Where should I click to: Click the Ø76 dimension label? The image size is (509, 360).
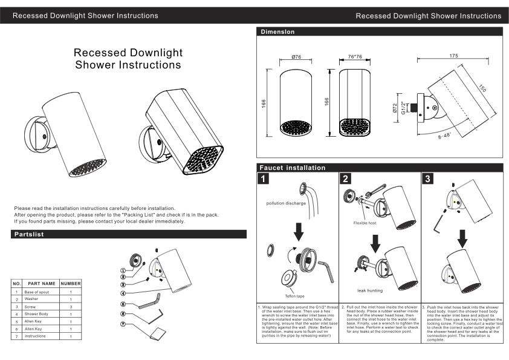point(296,57)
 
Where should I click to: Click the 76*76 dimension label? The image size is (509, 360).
point(355,56)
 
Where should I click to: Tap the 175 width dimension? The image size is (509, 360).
point(453,56)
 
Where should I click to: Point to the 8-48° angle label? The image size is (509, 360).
point(444,136)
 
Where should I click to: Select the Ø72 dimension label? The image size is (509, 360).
point(395,108)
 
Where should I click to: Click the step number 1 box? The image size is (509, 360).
point(263,178)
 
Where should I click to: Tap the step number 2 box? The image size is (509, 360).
point(345,178)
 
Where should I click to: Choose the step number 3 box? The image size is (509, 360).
point(427,178)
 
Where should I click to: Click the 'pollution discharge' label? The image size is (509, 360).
point(286,203)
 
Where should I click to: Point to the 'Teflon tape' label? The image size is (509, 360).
point(295,296)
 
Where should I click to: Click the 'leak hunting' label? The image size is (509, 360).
point(370,290)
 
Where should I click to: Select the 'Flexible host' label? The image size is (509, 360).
point(365,223)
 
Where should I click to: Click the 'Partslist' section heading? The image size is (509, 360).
point(29,234)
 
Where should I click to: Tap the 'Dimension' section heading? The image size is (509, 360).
point(277,32)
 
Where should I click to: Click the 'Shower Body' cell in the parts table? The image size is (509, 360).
point(36,314)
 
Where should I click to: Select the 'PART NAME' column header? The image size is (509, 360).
point(42,283)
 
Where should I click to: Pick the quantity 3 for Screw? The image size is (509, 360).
point(71,307)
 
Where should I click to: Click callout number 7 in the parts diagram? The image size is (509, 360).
point(123,324)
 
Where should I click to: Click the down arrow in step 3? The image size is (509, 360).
point(462,238)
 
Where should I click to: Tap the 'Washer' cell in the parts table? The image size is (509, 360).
point(31,299)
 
